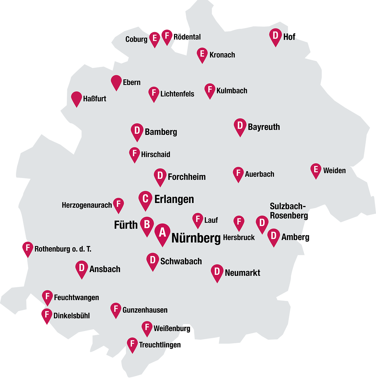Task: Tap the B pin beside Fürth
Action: coord(146,225)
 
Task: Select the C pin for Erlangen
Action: coord(145,198)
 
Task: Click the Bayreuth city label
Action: coord(264,127)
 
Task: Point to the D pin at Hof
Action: coord(275,36)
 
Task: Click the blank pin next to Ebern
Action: coord(116,82)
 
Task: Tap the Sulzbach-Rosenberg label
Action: coord(289,211)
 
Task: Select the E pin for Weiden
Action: coord(316,170)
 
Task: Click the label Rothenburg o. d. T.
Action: coord(63,249)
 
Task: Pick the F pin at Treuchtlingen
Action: coord(132,344)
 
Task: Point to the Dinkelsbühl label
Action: coord(72,316)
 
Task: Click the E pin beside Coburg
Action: coord(154,38)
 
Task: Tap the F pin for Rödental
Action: coord(167,36)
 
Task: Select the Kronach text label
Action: coord(222,55)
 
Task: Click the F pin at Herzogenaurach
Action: coord(119,204)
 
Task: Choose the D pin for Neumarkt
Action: coord(217,271)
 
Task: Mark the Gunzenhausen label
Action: coord(145,310)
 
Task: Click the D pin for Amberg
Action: coord(273,236)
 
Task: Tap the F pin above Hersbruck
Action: coord(239,222)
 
